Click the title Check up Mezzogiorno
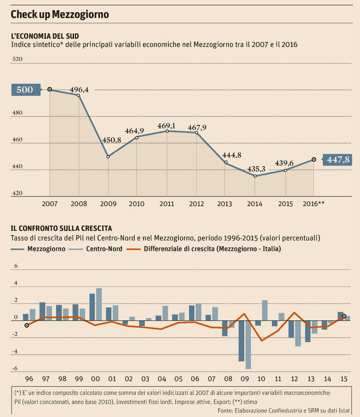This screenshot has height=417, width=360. (x=60, y=14)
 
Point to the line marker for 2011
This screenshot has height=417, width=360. (x=167, y=131)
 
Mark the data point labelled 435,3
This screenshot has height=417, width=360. (x=255, y=176)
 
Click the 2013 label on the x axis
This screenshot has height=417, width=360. (x=225, y=204)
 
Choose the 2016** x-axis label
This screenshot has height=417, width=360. (x=313, y=204)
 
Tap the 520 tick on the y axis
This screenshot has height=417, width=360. (x=17, y=59)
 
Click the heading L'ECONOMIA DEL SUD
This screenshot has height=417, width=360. (x=45, y=36)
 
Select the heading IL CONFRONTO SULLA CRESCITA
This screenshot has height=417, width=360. (x=62, y=229)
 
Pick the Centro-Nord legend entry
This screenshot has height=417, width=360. (x=104, y=249)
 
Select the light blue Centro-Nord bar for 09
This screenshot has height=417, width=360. (x=248, y=345)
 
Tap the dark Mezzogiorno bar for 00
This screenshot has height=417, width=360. (x=92, y=307)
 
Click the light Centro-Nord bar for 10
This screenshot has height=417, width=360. (x=265, y=310)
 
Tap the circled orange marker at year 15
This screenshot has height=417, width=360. (x=344, y=316)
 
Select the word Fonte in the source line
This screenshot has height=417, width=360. (x=225, y=410)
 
